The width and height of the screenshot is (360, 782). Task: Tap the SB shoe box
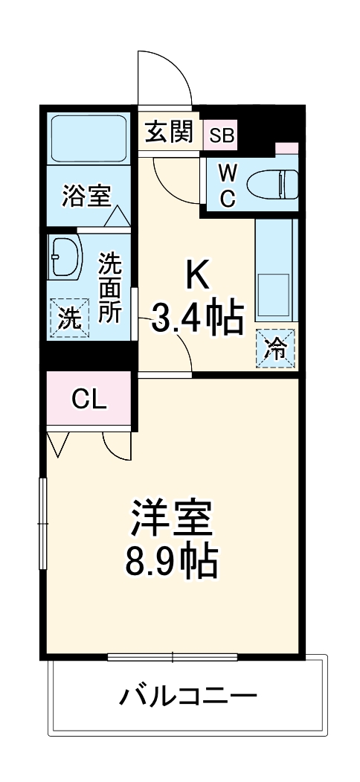click(x=221, y=135)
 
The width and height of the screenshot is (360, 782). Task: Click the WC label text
click(x=228, y=185)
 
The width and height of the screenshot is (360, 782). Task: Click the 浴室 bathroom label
click(x=86, y=196)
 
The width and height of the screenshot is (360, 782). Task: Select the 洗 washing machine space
click(x=68, y=318)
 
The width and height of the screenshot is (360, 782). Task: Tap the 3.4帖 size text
click(x=198, y=318)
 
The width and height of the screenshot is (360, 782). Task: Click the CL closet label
click(x=89, y=400)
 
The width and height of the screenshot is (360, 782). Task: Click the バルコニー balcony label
click(x=187, y=697)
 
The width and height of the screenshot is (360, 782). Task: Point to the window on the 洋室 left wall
click(x=43, y=525)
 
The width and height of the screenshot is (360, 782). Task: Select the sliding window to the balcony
click(x=173, y=657)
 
